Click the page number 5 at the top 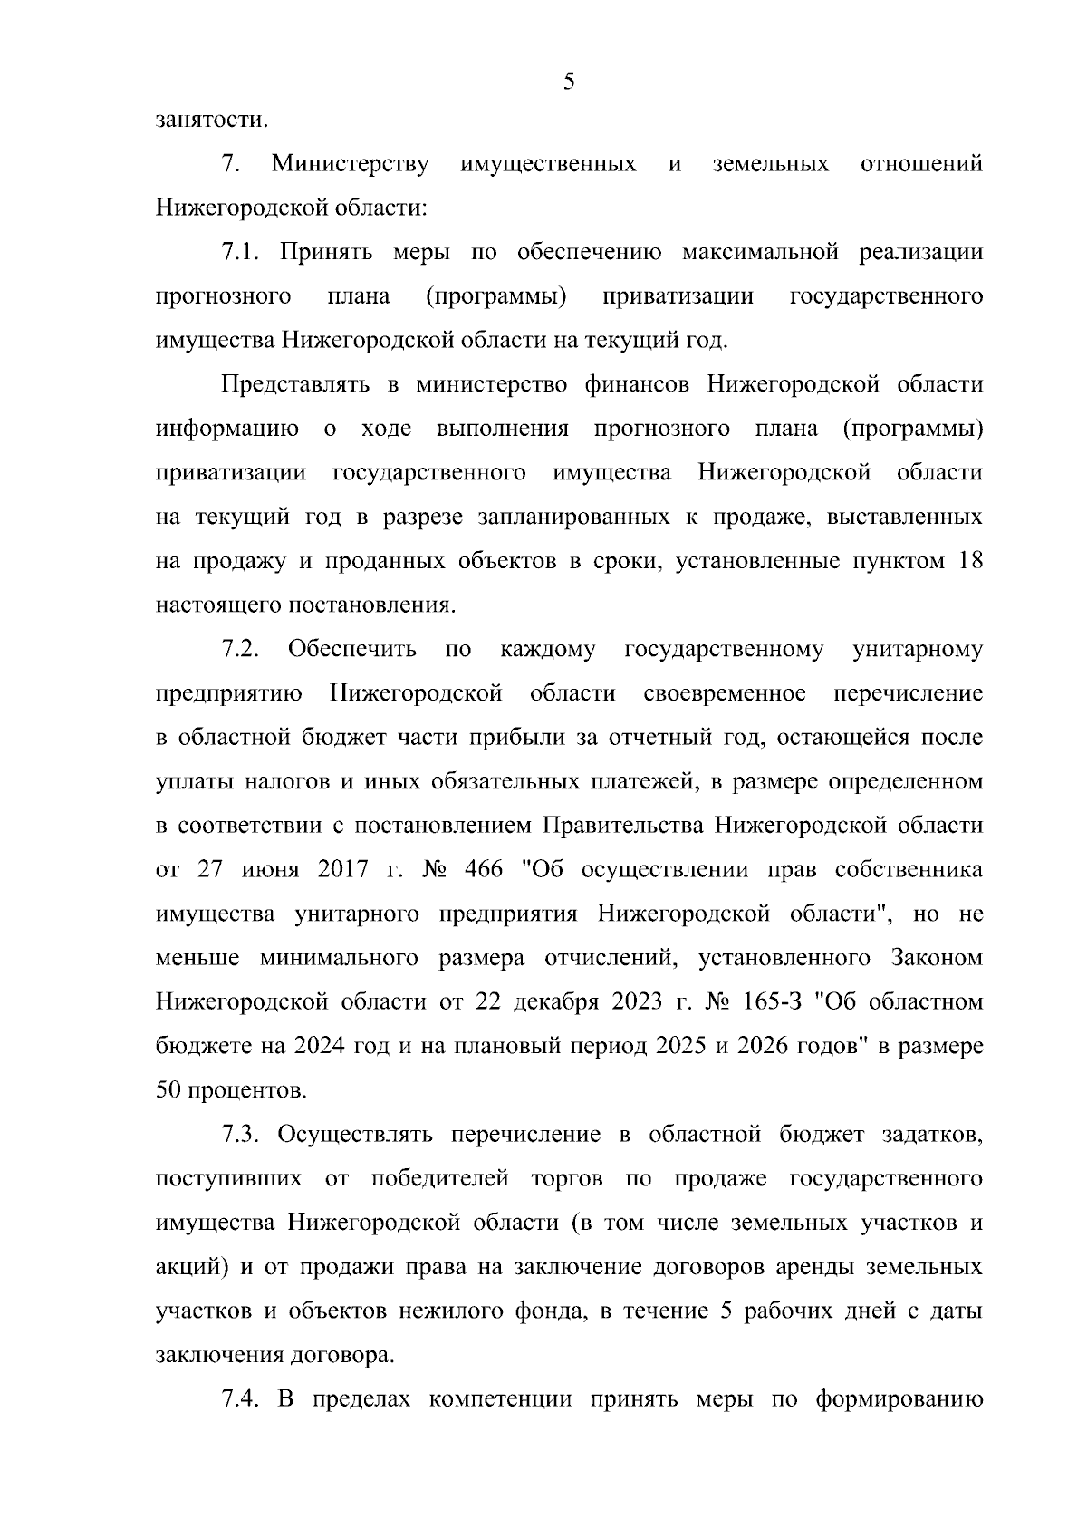[569, 82]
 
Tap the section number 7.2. [242, 650]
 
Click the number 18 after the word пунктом [966, 561]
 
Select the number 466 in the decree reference [483, 870]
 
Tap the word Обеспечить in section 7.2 [352, 650]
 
